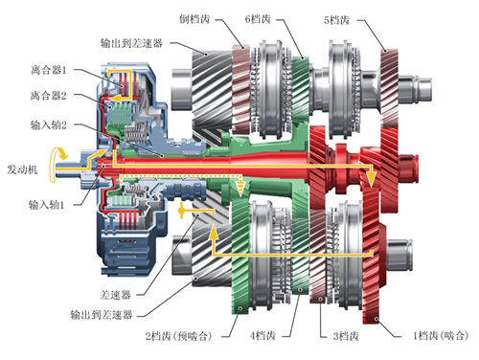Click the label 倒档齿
point(194,19)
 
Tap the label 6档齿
point(258,19)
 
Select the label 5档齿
point(336,20)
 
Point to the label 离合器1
point(49,70)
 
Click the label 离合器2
point(49,96)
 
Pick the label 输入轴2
point(49,124)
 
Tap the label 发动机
point(22,169)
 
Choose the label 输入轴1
point(47,205)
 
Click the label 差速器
point(116,295)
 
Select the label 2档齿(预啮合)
point(179,336)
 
